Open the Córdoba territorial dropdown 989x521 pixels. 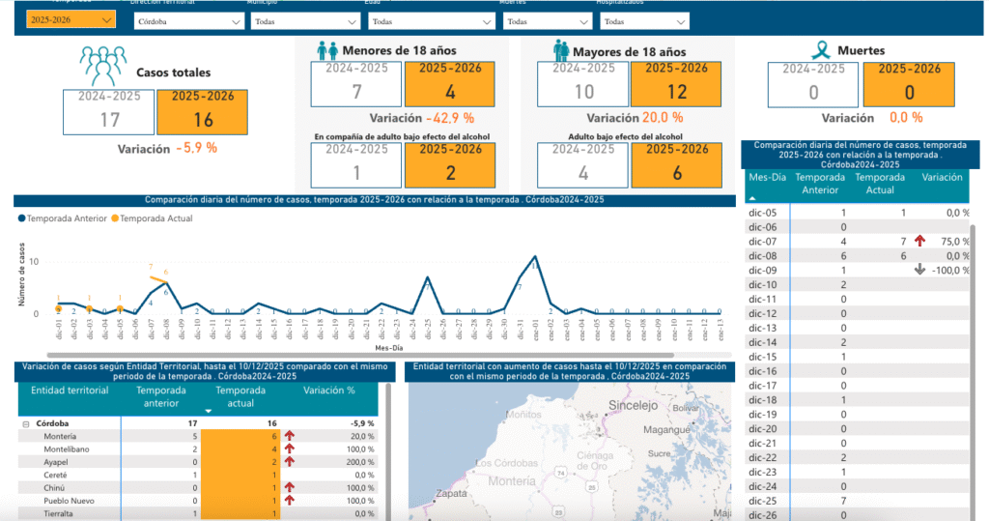tap(187, 20)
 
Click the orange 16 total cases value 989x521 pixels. tap(202, 119)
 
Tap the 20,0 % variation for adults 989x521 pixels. tap(662, 117)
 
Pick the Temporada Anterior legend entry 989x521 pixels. tap(63, 218)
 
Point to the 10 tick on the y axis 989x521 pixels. tap(34, 262)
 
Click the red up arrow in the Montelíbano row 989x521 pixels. tap(289, 449)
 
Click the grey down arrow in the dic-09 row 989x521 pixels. tap(919, 270)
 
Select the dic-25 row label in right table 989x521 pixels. tap(763, 501)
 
